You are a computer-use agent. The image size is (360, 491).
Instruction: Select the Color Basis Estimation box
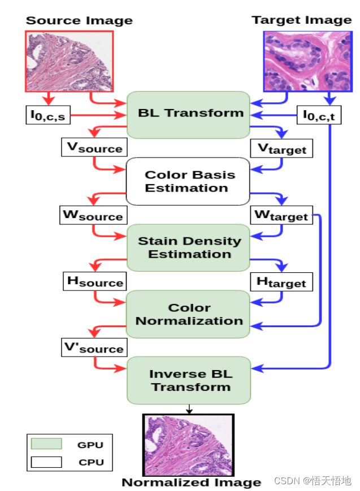188,181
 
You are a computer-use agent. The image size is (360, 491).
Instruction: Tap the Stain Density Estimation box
189,247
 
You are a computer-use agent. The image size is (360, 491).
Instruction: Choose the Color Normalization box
189,314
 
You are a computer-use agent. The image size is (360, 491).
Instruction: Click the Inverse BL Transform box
189,380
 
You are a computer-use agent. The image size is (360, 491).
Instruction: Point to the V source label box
94,147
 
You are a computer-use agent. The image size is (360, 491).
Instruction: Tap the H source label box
94,281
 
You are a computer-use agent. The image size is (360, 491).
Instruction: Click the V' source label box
94,347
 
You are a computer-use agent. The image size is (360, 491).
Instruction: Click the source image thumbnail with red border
70,61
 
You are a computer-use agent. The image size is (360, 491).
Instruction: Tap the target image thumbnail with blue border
308,61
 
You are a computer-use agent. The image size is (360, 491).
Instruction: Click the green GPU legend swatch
46,444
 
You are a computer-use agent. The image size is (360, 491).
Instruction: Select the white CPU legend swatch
46,462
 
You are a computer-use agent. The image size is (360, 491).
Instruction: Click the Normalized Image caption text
192,482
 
